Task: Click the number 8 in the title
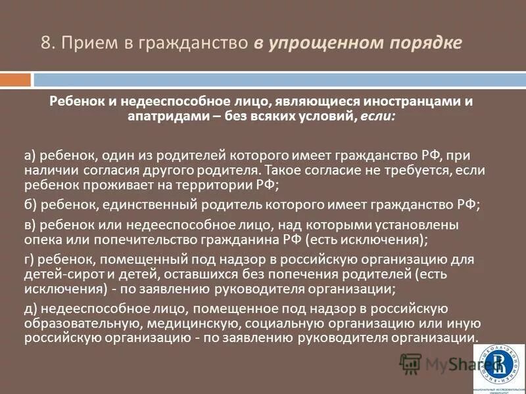(x=47, y=43)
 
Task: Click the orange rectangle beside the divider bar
(x=15, y=79)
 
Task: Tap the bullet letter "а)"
(x=30, y=156)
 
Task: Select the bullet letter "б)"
(x=30, y=204)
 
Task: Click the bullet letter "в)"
(x=30, y=225)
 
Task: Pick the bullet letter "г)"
(x=30, y=258)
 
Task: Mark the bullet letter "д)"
(x=30, y=308)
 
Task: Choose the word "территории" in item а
(x=204, y=185)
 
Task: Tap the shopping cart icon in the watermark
(x=410, y=362)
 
